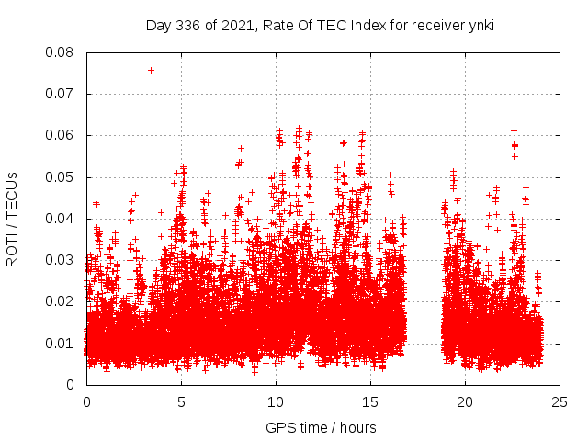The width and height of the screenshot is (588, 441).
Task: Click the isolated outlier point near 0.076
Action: click(151, 70)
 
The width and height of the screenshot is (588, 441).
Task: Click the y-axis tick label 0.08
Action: click(61, 52)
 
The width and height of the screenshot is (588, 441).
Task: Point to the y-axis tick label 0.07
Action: click(61, 94)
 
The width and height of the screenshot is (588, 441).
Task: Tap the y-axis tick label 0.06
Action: click(61, 135)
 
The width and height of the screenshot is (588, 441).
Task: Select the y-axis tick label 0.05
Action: click(61, 176)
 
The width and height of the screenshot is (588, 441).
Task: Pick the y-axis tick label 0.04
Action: click(61, 219)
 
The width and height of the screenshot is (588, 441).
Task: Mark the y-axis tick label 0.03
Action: click(61, 260)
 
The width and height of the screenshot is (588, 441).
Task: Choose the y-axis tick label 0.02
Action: click(61, 301)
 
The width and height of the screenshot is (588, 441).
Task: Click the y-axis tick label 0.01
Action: click(61, 343)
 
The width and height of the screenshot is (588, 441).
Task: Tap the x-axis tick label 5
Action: click(181, 401)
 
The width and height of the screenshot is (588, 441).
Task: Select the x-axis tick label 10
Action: click(276, 401)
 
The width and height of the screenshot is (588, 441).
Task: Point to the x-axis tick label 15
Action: click(370, 401)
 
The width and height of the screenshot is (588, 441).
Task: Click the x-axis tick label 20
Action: click(465, 401)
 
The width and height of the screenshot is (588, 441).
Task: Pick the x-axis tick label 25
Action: click(560, 401)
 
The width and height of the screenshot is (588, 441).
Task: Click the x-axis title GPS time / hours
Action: click(321, 427)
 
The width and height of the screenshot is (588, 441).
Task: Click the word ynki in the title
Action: click(479, 26)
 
